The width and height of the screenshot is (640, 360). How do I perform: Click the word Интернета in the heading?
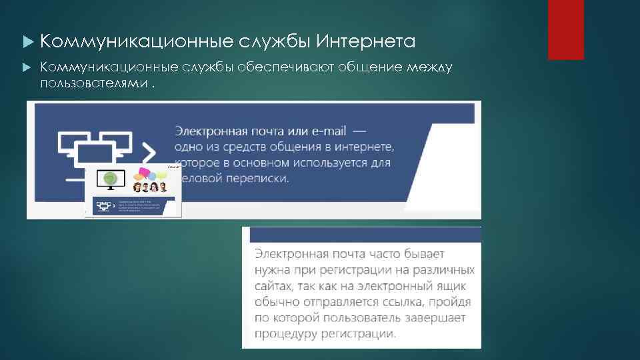(x=365, y=42)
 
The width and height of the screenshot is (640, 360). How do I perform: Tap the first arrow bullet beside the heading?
(x=27, y=43)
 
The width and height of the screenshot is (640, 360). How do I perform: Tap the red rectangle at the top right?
(x=565, y=29)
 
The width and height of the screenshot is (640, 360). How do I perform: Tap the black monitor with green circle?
(x=111, y=178)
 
